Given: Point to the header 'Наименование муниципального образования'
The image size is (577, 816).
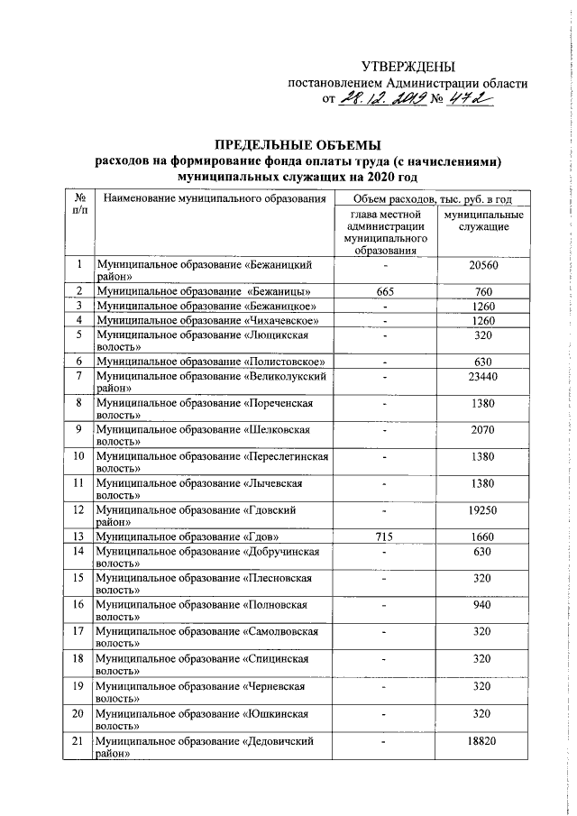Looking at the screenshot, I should [213, 198].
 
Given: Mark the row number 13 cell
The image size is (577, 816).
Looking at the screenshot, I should [79, 538].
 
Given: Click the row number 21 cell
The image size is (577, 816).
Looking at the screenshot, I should [79, 741].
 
